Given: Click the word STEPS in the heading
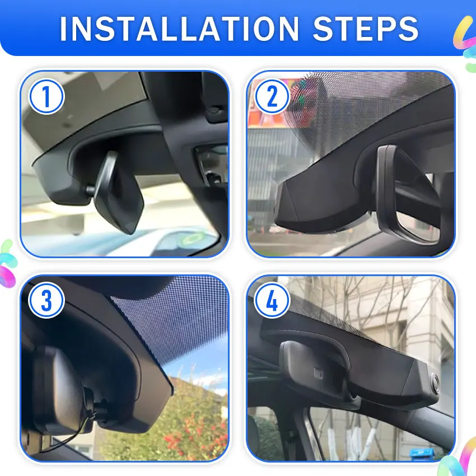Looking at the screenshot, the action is click(366, 29).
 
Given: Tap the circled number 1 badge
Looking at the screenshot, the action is click(46, 96).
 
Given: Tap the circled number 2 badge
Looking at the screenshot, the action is click(272, 96).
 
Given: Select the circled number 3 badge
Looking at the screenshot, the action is click(46, 300).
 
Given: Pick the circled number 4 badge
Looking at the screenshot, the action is click(272, 300).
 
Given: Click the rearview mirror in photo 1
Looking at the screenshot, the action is click(118, 194).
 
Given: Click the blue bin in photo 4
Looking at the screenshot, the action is click(422, 454).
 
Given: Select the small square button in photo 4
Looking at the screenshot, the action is click(318, 372).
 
